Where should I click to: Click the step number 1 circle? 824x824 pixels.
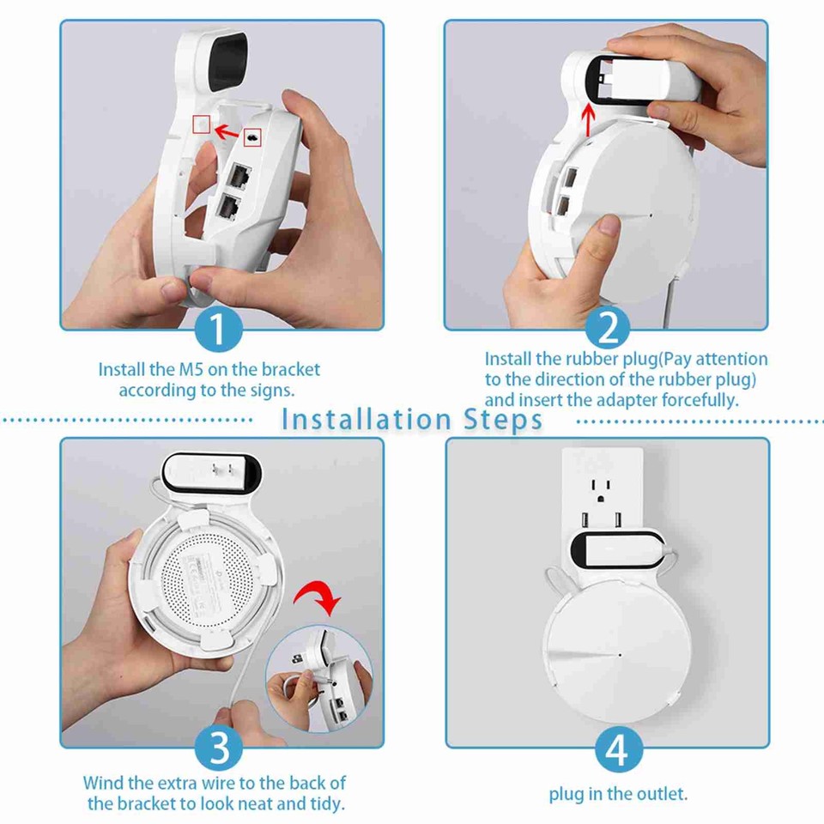coord(218,329)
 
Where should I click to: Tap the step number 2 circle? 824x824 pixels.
coord(607,329)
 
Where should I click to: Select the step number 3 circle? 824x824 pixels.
coord(220,747)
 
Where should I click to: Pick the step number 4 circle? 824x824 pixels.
coord(617,748)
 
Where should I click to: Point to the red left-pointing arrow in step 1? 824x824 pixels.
coord(227,131)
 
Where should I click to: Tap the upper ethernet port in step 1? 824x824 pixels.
coord(235,175)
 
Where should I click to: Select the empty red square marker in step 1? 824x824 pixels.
coord(202,124)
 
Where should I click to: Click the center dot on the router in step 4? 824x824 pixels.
coord(619,655)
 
